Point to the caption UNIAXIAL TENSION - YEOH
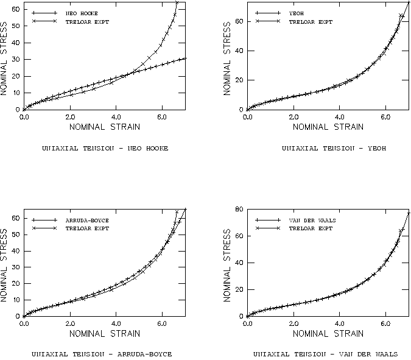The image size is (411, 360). [x=334, y=148]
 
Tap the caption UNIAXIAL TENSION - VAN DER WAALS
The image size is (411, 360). [x=325, y=354]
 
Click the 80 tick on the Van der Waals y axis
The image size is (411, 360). [x=240, y=209]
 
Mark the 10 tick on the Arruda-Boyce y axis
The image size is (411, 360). [x=16, y=300]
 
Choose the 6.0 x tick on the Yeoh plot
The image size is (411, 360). [x=385, y=116]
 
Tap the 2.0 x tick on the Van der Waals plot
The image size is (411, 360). [x=293, y=323]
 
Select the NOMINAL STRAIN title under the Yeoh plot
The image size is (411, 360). [x=328, y=127]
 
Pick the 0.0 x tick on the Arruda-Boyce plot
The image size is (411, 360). [x=24, y=323]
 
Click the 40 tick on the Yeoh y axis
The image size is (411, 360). [x=240, y=51]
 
